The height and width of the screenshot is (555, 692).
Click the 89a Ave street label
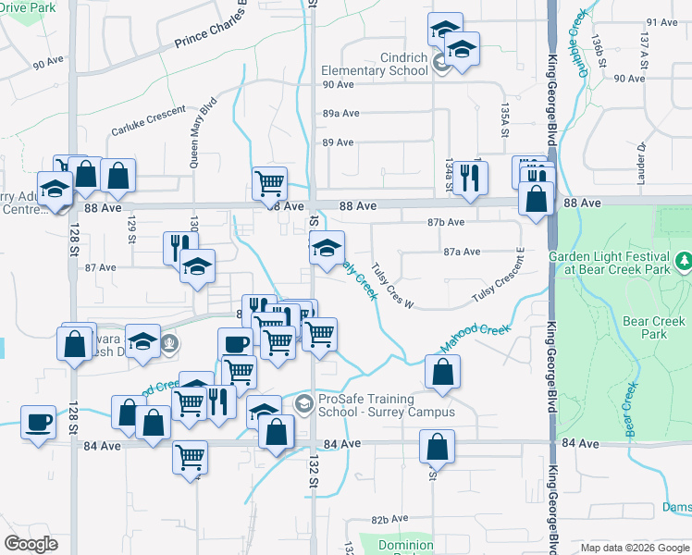pos(340,113)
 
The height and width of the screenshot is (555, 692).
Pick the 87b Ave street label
pos(445,222)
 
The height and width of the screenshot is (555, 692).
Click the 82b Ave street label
pos(389,520)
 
